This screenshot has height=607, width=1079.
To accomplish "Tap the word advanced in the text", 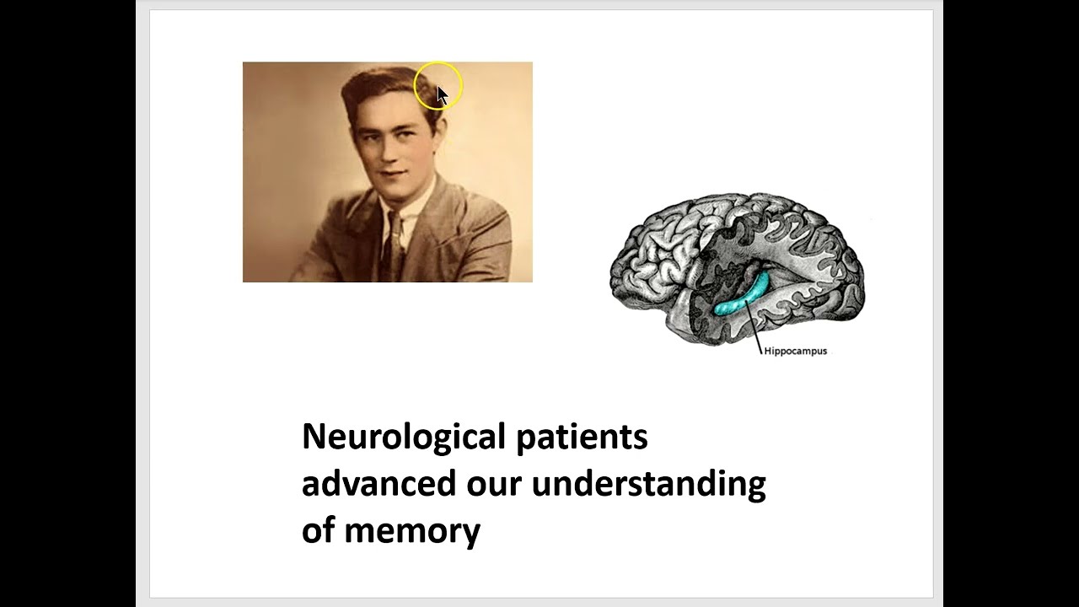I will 379,484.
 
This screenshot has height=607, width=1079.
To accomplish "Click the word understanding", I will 648,484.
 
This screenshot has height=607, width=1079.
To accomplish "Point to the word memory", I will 412,531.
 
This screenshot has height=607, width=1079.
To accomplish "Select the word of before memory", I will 319,531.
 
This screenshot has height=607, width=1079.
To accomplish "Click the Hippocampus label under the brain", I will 795,351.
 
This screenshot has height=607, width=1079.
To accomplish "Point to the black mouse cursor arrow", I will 442,94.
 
